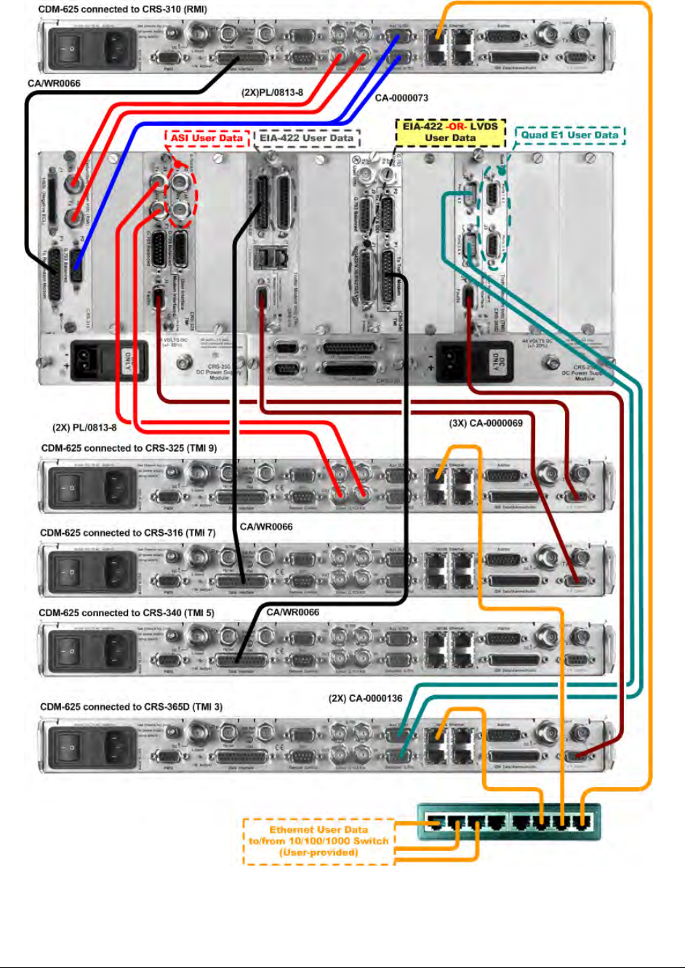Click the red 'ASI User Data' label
pos(207,137)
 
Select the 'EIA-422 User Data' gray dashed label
pos(307,137)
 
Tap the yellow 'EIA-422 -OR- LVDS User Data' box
pos(450,132)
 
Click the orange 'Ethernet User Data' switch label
pos(319,841)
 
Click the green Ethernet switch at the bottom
pos(509,822)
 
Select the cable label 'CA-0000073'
pos(401,97)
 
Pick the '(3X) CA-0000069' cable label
pos(486,423)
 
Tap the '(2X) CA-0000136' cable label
pos(365,698)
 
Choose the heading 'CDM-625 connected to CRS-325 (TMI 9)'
pos(129,448)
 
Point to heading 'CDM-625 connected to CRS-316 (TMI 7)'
pos(128,532)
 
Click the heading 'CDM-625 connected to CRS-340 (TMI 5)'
pos(127,612)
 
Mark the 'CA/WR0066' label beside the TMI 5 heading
pos(292,612)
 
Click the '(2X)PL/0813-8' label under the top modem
pos(272,93)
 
